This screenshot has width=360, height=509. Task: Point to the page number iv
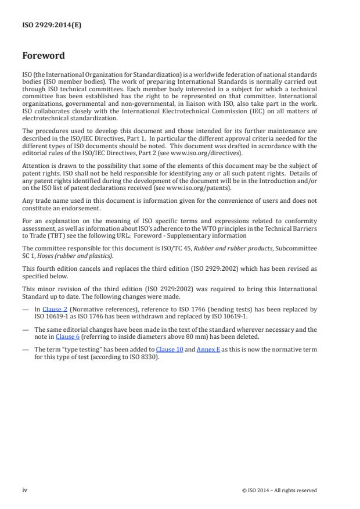pyautogui.click(x=25, y=490)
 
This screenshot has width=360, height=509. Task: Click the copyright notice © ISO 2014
pyautogui.click(x=279, y=490)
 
